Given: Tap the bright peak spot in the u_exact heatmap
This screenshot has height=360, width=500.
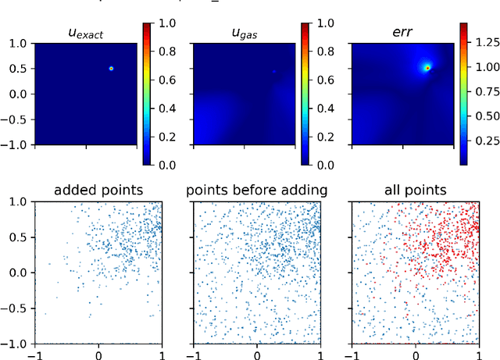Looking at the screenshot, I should click(111, 69).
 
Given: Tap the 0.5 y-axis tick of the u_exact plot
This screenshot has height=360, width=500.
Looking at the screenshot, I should click(17, 69).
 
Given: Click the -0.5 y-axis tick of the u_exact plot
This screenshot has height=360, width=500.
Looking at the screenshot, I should click(15, 119).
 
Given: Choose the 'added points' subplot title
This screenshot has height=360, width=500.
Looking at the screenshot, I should click(98, 190).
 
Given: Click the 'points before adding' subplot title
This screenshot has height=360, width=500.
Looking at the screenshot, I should click(256, 190).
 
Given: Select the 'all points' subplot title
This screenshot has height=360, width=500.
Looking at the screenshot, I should click(415, 190).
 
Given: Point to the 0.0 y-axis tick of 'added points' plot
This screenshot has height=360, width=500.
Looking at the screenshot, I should click(17, 273).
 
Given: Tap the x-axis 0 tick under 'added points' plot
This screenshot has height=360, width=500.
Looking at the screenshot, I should click(98, 354).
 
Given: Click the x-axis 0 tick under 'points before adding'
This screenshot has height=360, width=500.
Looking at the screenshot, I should click(257, 354).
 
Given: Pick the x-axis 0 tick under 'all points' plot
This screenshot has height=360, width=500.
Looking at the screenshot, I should click(416, 354).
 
